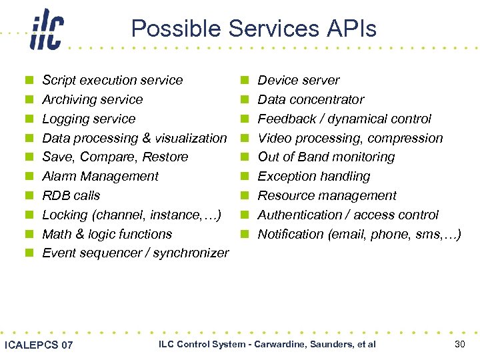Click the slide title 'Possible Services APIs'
[x=253, y=29]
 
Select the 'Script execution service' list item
[x=112, y=81]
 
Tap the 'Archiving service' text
[x=92, y=100]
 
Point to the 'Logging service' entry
[x=88, y=119]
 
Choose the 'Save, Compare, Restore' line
[x=115, y=157]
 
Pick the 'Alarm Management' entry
[x=100, y=177]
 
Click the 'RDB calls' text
[x=71, y=196]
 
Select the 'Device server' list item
[x=298, y=81]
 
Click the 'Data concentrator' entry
[x=311, y=100]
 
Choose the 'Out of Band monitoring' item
[x=326, y=157]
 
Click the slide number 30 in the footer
[x=459, y=344]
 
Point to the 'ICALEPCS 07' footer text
[x=39, y=345]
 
